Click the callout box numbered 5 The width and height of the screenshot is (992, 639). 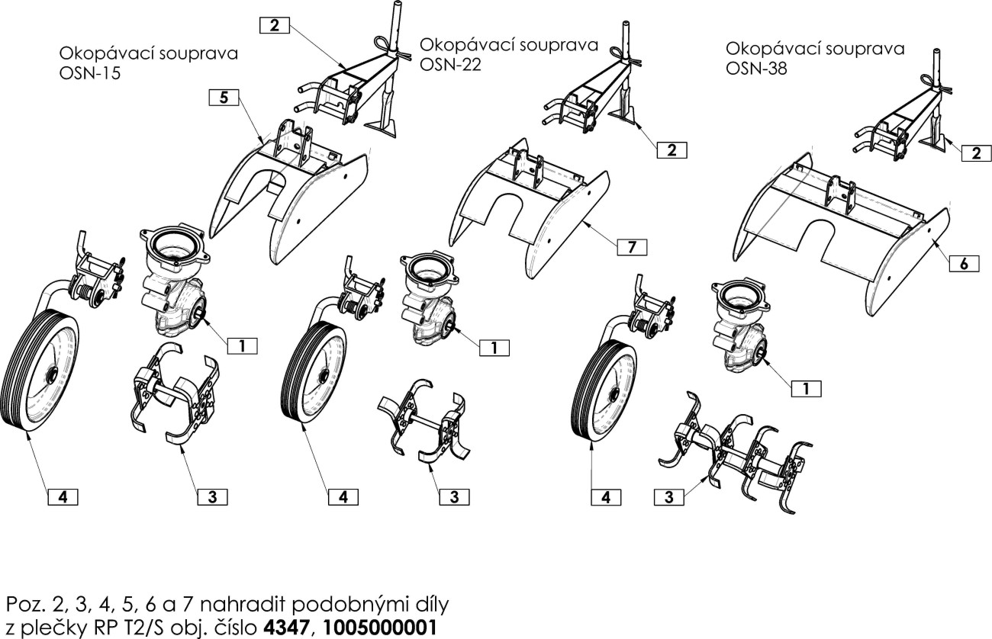click(223, 97)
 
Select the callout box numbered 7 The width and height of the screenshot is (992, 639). click(631, 246)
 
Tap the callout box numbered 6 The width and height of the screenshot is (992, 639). click(964, 263)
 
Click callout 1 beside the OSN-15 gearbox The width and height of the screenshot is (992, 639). click(241, 345)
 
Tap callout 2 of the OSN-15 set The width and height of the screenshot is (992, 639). click(274, 25)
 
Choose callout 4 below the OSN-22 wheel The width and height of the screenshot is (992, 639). click(343, 496)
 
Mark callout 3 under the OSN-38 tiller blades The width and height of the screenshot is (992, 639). click(668, 498)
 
